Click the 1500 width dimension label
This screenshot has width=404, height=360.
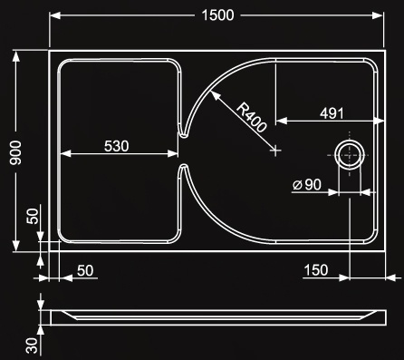point(217,15)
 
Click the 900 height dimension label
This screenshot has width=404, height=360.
point(15,153)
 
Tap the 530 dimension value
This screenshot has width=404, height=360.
point(117,146)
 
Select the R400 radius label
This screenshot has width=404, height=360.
point(252,117)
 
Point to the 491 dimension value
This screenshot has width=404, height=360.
point(332,113)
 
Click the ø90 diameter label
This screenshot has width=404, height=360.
point(307,184)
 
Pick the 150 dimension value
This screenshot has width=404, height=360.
point(316,270)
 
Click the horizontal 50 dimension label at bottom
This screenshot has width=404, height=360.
point(85,271)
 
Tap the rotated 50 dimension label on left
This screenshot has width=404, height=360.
point(33,216)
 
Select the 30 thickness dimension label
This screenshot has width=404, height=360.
point(33,345)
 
